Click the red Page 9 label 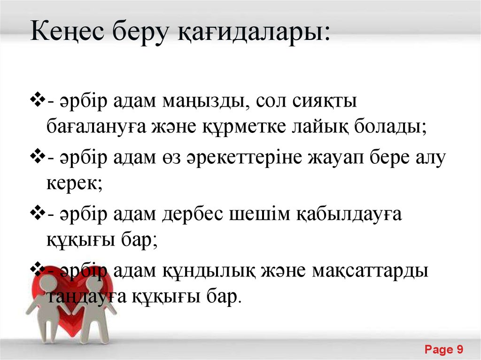[444, 349]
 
